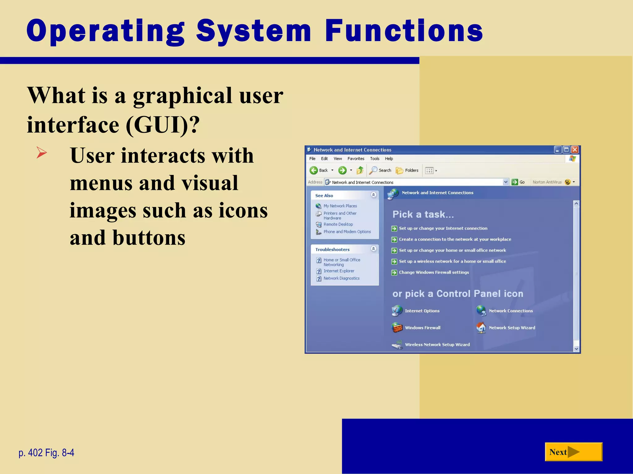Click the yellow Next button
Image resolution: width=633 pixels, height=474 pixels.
coord(573,452)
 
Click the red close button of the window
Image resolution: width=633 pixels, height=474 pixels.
coord(575,150)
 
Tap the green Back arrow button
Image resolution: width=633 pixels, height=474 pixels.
coord(314,170)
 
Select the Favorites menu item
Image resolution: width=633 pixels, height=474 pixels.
coord(356,159)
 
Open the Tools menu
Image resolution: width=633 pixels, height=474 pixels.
coord(375,159)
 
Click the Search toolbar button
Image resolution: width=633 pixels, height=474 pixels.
coord(380,170)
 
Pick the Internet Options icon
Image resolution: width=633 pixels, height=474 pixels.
coord(397,311)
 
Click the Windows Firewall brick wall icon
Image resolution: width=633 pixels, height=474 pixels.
coord(397,327)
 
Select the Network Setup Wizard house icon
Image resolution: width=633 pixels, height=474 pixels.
coord(481,327)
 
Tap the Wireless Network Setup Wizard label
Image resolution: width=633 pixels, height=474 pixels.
coord(437,345)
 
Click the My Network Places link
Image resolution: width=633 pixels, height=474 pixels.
coord(340,206)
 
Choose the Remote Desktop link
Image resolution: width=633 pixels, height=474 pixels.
coord(338,224)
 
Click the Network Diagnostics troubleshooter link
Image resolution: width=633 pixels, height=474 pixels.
coord(341,278)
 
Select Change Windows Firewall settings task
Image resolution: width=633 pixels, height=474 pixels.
coord(434,272)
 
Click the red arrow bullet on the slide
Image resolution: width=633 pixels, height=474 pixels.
coord(41,152)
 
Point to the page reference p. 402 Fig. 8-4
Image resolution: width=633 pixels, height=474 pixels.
coord(46,453)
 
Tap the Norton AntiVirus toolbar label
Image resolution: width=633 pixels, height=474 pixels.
coord(547,182)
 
